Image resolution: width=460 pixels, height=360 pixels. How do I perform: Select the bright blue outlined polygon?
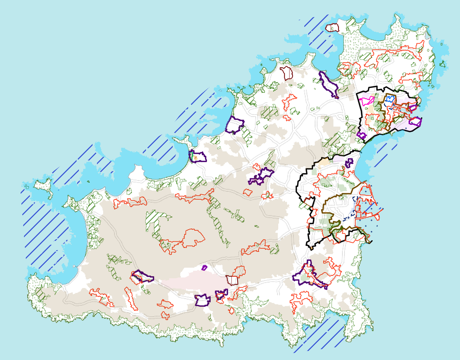[390, 99]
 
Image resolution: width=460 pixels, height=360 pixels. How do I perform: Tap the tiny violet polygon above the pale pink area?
[204, 268]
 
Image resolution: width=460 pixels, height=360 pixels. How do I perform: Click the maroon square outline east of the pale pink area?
[232, 280]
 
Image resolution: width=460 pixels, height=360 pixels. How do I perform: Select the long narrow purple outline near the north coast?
[329, 84]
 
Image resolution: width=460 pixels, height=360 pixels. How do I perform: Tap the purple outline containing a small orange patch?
[198, 157]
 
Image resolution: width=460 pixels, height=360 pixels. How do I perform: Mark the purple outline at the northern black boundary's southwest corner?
[361, 135]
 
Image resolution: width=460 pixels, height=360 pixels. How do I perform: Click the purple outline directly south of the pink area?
[202, 300]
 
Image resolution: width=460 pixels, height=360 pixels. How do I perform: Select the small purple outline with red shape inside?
[221, 295]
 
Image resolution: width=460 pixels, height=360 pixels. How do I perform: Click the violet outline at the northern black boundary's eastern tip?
[415, 122]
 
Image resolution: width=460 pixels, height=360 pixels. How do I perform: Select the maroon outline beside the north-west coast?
[286, 72]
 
